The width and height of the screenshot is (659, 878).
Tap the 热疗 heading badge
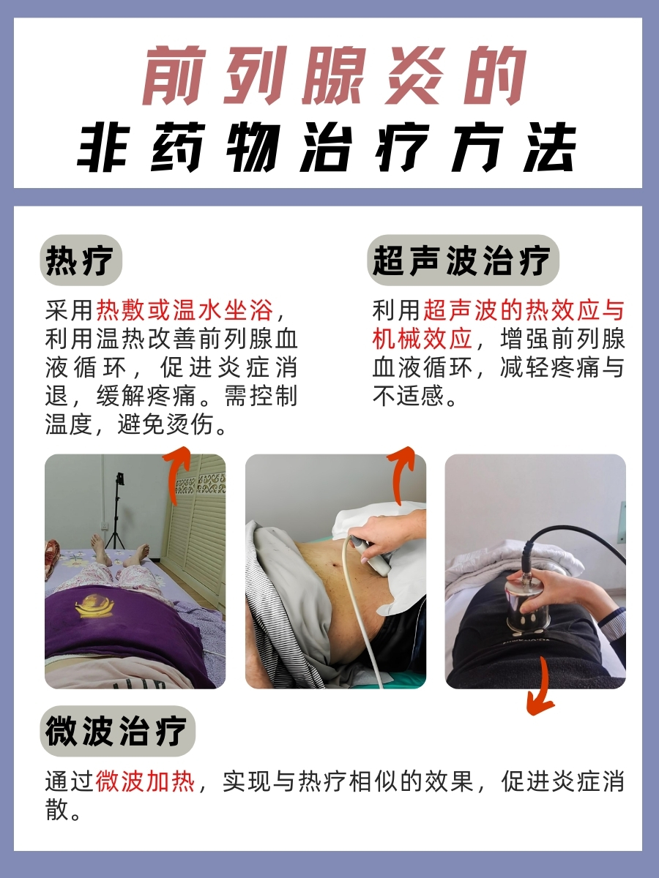pyautogui.click(x=81, y=260)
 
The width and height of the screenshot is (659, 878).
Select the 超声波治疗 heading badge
pyautogui.click(x=462, y=260)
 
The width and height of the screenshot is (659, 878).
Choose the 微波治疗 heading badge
pyautogui.click(x=117, y=730)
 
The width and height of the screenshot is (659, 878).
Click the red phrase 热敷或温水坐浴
pyautogui.click(x=185, y=310)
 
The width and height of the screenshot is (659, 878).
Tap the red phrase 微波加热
pyautogui.click(x=145, y=781)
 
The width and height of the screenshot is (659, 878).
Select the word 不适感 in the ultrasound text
pyautogui.click(x=410, y=396)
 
